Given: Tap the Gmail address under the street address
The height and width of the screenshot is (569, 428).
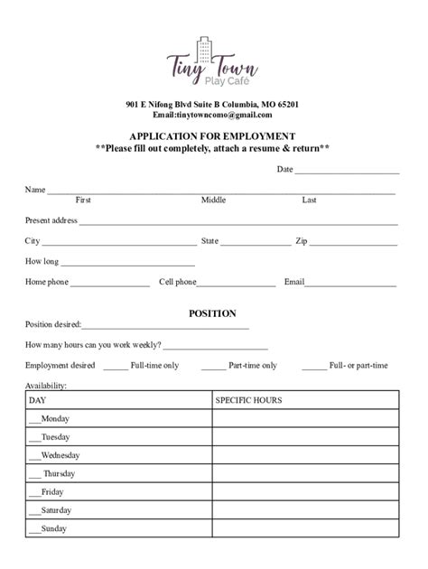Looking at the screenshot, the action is pos(212,115).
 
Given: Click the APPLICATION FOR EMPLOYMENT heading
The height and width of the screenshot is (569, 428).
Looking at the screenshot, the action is pos(212,135).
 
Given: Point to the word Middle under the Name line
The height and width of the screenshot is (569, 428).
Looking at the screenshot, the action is pos(213,200).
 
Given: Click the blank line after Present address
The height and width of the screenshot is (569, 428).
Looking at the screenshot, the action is pos(238,222).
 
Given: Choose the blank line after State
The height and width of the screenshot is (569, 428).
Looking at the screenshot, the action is pos(255,243).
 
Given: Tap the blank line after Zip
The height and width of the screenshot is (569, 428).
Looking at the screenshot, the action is pos(354,243).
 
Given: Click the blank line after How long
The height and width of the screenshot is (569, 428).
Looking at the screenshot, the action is pos(127,264).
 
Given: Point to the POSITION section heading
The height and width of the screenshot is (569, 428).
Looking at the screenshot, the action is pos(212,313).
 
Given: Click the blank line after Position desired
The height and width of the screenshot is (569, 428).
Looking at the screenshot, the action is pos(165,327).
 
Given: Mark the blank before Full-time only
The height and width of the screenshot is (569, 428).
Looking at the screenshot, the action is pos(116,368).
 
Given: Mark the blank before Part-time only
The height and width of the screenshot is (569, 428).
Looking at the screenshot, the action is pos(213,368).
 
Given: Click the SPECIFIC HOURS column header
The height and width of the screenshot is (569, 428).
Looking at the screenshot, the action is pos(248,400).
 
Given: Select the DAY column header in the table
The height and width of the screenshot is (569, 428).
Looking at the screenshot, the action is pos(37,400).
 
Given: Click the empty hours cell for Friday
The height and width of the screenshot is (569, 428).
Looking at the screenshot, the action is pos(304,492).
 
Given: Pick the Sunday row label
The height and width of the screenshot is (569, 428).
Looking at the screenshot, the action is pos(53,528).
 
